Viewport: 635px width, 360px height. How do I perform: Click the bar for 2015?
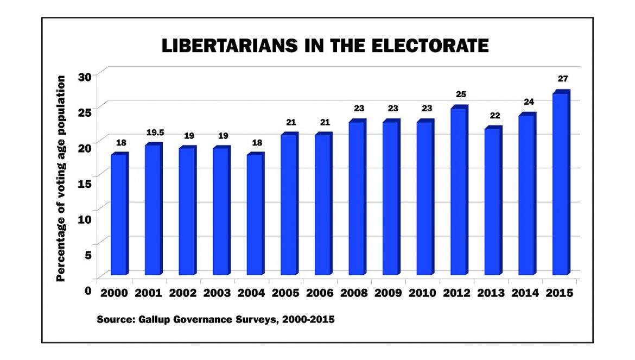560,185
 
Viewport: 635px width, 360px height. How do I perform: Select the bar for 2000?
119,214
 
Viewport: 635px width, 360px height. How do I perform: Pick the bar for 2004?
255,214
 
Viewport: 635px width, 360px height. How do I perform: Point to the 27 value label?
562,79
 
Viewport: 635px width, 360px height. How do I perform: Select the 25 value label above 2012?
460,94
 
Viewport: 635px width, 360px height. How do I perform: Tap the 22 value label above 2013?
494,116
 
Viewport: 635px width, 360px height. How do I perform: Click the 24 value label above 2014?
528,102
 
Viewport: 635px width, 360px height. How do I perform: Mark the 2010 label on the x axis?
422,293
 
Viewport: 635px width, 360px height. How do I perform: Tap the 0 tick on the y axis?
87,290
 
